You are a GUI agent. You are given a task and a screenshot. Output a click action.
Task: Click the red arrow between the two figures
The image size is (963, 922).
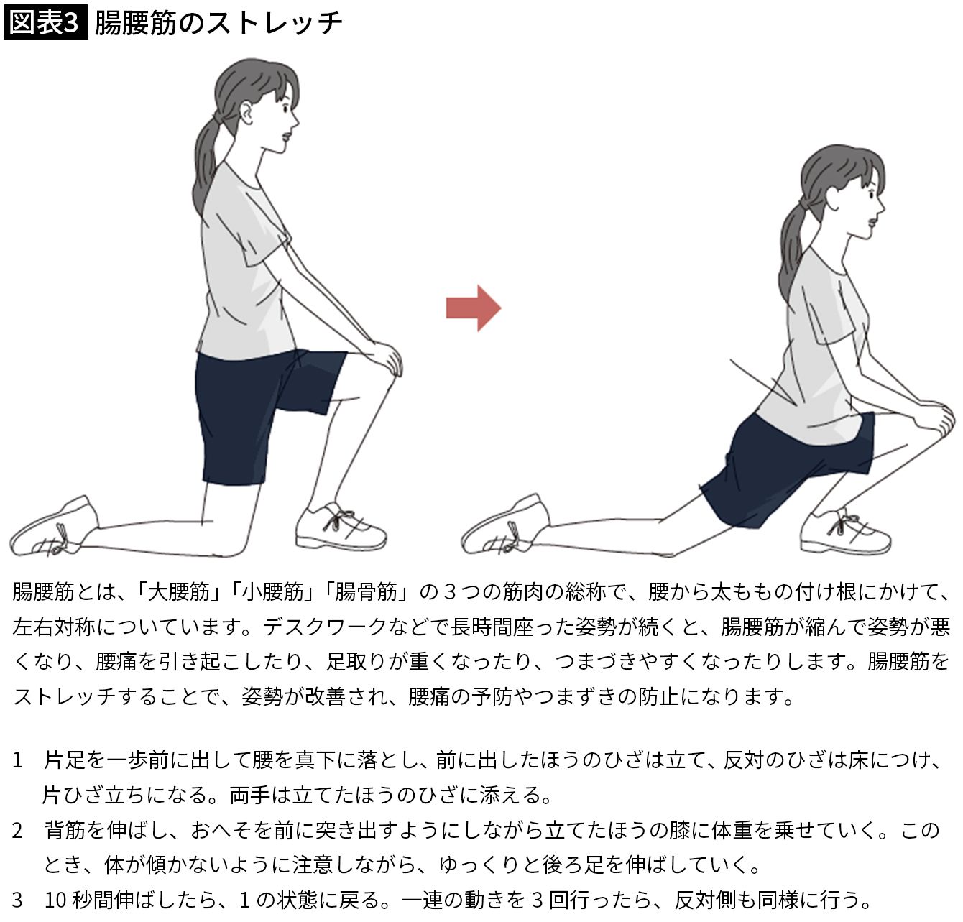[x=473, y=308]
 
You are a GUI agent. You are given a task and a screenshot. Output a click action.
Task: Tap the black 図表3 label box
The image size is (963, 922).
[x=45, y=22]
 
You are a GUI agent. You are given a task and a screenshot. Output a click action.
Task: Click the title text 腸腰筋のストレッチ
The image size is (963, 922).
[x=218, y=23]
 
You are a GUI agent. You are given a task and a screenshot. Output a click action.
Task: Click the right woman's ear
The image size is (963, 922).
[x=831, y=200]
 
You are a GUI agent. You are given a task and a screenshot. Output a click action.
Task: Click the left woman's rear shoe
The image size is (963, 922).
[x=55, y=527]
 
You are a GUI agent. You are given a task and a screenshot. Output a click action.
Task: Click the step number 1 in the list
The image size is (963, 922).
[x=17, y=760]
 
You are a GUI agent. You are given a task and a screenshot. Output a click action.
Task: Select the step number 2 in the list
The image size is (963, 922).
[x=17, y=831]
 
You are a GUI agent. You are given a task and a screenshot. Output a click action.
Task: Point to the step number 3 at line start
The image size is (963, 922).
[x=17, y=900]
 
